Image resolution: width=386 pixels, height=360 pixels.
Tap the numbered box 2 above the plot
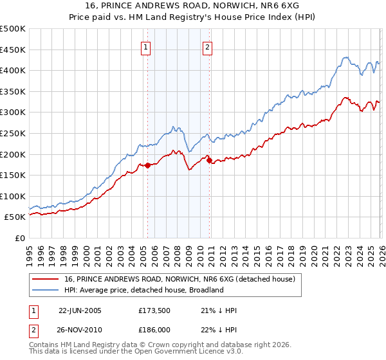208,46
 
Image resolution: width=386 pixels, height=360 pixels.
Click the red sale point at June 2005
148,165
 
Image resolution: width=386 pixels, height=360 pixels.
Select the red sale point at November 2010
210,160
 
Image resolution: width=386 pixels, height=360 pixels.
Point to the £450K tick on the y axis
13,50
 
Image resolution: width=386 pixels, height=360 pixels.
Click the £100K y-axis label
13,196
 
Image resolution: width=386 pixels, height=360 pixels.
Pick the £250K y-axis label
13,133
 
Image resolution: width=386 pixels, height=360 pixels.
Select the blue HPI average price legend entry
143,290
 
